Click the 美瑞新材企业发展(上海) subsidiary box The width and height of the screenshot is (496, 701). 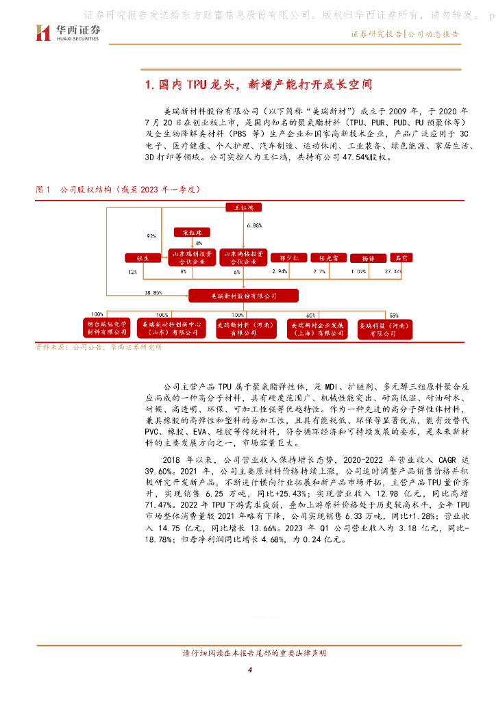[x=314, y=329]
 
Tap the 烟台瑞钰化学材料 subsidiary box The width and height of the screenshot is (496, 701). [x=107, y=329]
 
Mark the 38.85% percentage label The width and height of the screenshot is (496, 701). [x=153, y=292]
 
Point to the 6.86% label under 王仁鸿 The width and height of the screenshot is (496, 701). [x=253, y=225]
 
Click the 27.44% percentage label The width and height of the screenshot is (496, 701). [x=393, y=272]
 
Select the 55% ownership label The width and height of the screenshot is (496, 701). [x=393, y=315]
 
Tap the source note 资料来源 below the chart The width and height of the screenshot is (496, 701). [x=99, y=348]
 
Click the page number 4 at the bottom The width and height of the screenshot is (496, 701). [x=251, y=670]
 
